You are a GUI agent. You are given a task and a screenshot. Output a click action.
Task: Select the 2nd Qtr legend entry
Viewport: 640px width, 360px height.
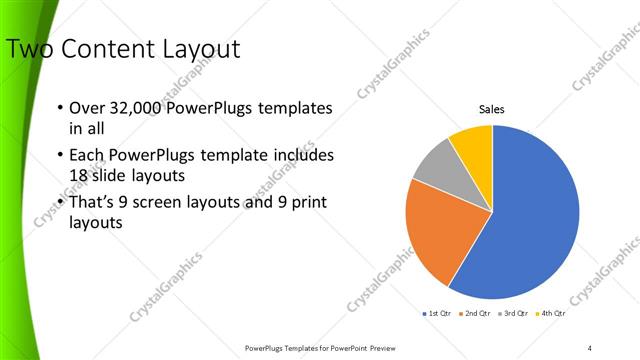(474, 313)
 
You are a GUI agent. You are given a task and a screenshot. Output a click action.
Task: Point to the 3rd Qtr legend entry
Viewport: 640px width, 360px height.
(512, 313)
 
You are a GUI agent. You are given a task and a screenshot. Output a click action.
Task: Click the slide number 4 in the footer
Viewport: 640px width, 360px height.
(590, 347)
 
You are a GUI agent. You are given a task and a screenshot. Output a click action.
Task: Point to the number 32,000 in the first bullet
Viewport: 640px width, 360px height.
(142, 108)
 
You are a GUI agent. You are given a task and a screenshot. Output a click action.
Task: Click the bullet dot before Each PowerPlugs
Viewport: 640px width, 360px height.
(60, 156)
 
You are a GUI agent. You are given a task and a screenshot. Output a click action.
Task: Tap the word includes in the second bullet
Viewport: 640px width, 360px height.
(303, 156)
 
